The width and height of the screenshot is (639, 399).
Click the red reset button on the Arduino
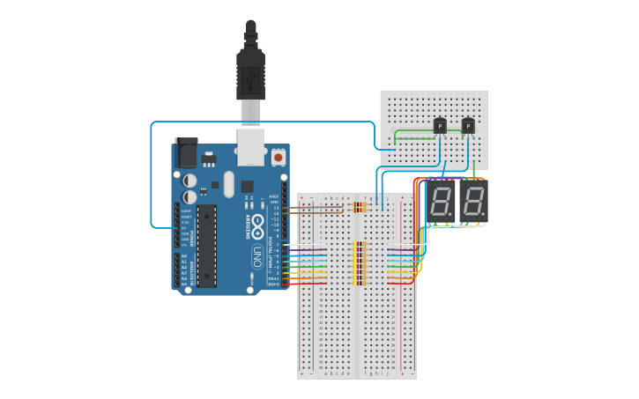coord(279,156)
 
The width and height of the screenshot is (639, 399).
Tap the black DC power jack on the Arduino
coord(186,153)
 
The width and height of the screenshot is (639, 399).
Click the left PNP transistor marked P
coord(439,127)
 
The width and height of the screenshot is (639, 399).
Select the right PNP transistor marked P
coord(468,127)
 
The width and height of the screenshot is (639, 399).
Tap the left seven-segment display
coord(441,203)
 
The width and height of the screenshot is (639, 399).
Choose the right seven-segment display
coord(473,203)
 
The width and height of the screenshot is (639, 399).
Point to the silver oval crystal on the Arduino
coord(229,184)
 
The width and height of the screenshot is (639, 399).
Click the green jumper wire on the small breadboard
coord(414,133)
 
